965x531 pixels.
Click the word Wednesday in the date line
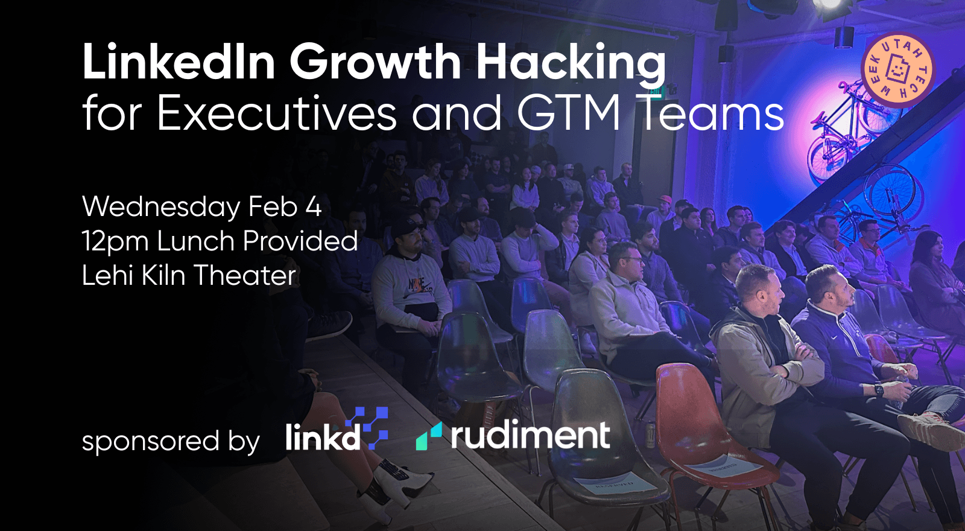pyautogui.click(x=161, y=208)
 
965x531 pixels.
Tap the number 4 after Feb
pyautogui.click(x=314, y=206)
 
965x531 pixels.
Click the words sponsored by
pyautogui.click(x=171, y=441)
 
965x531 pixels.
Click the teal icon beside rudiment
pyautogui.click(x=429, y=436)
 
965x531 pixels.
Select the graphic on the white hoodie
pyautogui.click(x=416, y=286)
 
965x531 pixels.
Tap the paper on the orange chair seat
pyautogui.click(x=715, y=466)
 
